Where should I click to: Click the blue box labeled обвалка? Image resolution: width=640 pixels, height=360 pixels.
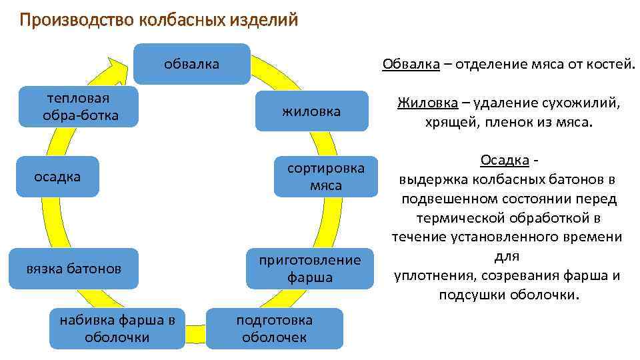point(192,64)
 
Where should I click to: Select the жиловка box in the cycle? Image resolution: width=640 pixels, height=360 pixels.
point(311,111)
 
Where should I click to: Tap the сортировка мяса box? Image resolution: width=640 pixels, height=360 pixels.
point(326,177)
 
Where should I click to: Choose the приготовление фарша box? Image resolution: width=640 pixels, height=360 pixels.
point(310,268)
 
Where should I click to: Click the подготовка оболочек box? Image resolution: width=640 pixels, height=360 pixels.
point(275,328)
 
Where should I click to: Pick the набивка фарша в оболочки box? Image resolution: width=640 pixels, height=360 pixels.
point(117,328)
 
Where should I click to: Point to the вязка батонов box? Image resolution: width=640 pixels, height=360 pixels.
point(74,269)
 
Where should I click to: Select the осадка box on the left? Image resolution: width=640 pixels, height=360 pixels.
point(57,177)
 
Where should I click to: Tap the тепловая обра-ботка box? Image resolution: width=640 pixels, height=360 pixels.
point(79,107)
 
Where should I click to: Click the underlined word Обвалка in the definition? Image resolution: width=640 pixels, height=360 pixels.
point(411,64)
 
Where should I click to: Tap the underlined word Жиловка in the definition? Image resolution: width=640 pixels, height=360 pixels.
point(427,103)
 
